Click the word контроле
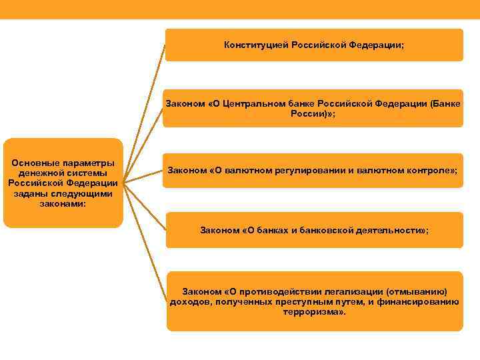pos(427,170)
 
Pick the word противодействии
pos(275,291)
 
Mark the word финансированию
pos(419,301)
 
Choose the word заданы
pos(29,193)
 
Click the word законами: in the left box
pos(63,203)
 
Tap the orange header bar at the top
pos(240,9)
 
